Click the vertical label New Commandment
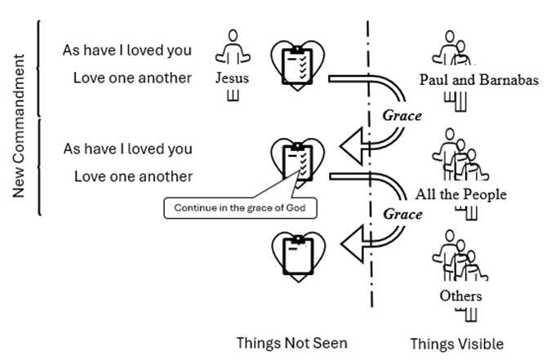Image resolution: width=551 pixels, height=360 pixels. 20,127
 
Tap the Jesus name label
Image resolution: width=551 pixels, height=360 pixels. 232,78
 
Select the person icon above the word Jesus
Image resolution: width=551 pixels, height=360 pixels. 233,50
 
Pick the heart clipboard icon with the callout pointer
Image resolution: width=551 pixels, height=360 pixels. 296,161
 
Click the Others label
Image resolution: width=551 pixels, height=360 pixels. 460,296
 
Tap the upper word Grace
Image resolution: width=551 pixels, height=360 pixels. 402,115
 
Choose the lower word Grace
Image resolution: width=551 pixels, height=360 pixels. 403,215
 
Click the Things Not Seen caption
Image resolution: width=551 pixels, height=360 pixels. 291,343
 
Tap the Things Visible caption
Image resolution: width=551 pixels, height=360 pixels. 456,344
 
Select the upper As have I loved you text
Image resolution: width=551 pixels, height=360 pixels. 127,51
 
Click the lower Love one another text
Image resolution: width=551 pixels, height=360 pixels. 132,176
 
